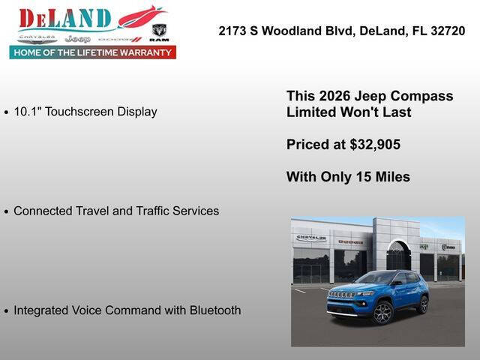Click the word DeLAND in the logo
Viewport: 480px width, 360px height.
[x=64, y=19]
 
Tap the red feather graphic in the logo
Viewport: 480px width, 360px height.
[x=142, y=16]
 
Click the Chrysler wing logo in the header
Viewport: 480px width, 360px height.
[x=37, y=37]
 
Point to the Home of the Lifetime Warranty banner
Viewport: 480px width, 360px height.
[x=93, y=52]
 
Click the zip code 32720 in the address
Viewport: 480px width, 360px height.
[x=448, y=31]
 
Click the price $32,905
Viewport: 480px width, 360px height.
[x=373, y=145]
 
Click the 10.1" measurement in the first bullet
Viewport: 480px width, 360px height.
[x=28, y=112]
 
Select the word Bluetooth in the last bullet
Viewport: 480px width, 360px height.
[x=214, y=310]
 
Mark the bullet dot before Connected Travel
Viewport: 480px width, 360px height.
[x=7, y=212]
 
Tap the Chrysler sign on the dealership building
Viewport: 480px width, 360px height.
[x=311, y=238]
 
